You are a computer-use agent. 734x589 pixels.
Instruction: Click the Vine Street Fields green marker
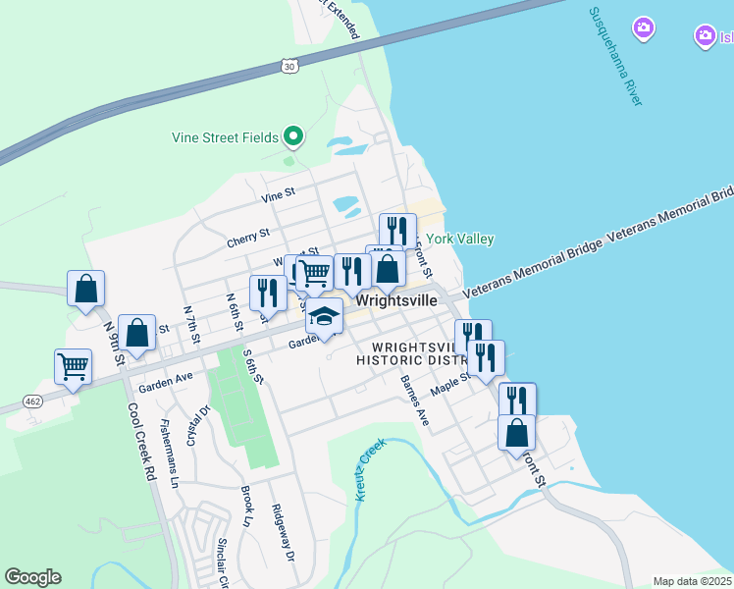(x=292, y=136)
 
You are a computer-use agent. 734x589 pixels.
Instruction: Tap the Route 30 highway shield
(x=288, y=66)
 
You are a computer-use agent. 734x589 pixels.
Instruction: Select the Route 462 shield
(x=32, y=402)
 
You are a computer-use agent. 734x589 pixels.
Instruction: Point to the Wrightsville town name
(x=397, y=300)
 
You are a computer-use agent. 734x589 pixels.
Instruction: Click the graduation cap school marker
(x=325, y=317)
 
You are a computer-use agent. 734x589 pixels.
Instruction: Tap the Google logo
(x=32, y=577)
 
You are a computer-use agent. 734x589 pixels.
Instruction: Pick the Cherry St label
(x=247, y=236)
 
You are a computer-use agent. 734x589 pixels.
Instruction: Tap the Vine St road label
(x=278, y=196)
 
